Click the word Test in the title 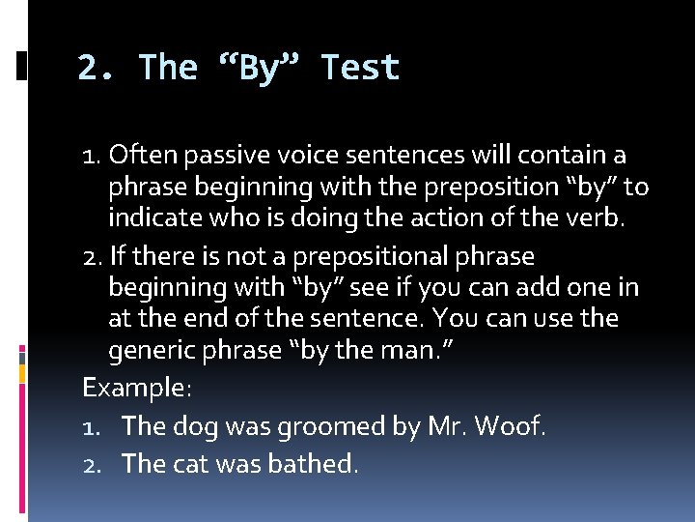click(x=360, y=68)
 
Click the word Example click(x=136, y=389)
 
